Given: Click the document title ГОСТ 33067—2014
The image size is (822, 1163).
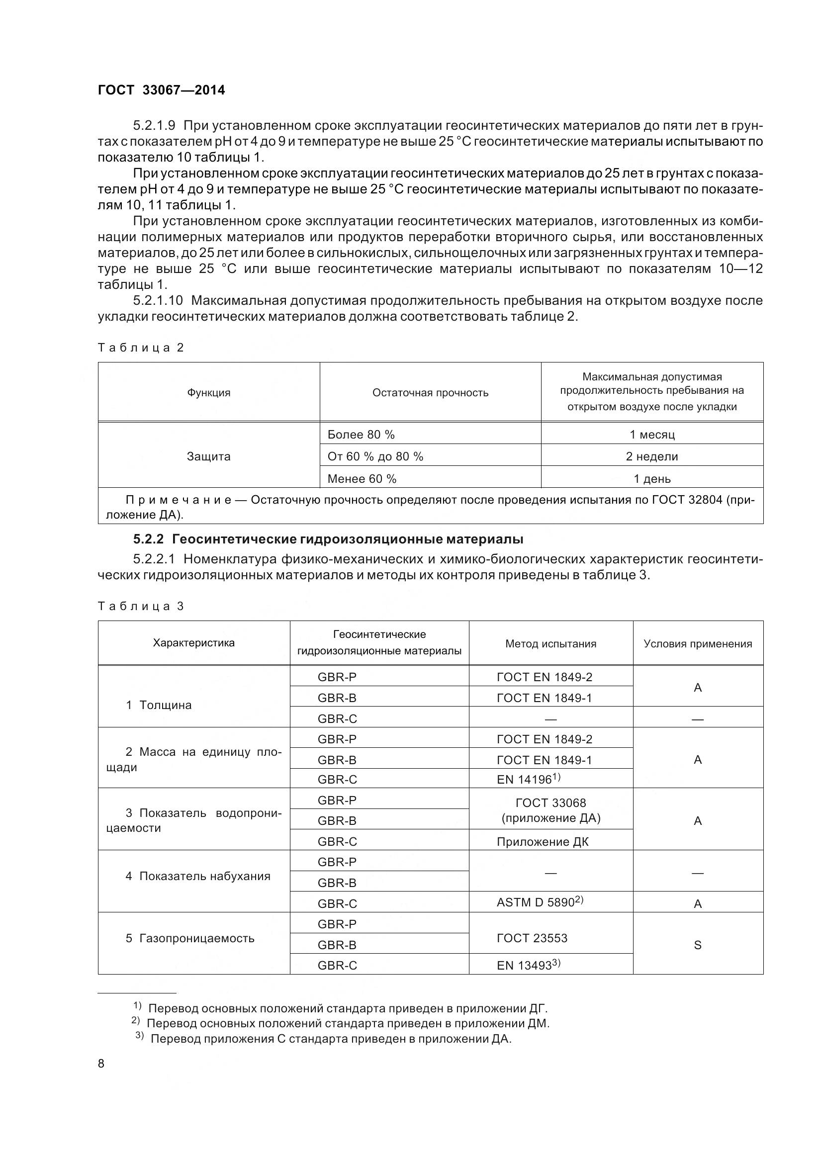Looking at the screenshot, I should [x=161, y=90].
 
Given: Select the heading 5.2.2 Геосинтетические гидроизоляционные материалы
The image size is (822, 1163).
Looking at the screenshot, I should [x=328, y=539].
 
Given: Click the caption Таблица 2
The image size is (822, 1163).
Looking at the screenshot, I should [x=140, y=348].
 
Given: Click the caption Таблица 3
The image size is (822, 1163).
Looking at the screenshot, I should [x=140, y=606].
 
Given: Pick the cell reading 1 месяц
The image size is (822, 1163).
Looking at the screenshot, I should [x=652, y=435].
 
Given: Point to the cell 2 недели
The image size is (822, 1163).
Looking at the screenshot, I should [x=652, y=456].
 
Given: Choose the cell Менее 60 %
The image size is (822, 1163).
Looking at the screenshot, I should [x=362, y=479].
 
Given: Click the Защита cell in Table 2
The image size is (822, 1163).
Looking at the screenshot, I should [x=209, y=456].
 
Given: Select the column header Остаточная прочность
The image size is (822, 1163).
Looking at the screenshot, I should [x=430, y=393].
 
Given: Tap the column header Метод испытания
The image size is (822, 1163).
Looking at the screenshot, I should [x=550, y=644].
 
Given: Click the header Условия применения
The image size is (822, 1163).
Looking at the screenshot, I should [x=697, y=644].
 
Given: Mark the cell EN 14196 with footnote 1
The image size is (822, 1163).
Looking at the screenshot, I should [x=528, y=779].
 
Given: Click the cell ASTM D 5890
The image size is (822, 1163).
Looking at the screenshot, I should [x=540, y=902].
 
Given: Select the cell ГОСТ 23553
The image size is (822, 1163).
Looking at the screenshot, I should [x=532, y=938].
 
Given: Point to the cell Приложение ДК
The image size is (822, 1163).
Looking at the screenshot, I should [x=543, y=841].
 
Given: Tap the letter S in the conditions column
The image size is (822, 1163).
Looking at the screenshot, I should [x=697, y=945].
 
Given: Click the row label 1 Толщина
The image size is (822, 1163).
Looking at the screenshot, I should [x=159, y=705].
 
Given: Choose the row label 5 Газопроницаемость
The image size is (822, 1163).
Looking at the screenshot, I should [x=190, y=938].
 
